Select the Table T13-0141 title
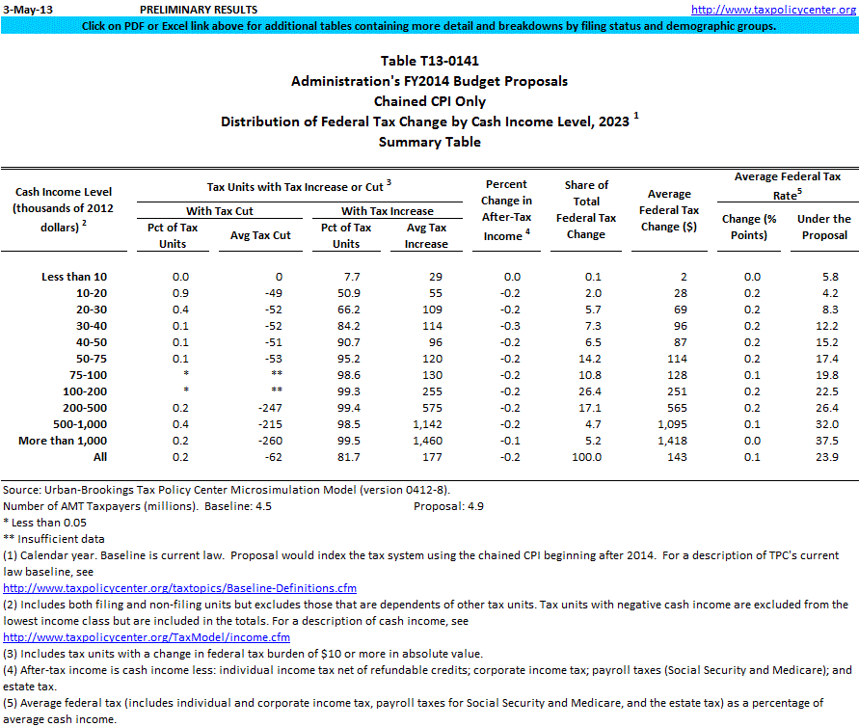point(429,61)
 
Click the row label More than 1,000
point(63,441)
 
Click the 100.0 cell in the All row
point(585,457)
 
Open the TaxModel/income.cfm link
point(147,637)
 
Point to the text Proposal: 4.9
point(450,506)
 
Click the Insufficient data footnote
point(54,539)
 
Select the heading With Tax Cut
point(219,211)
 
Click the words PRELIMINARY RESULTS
point(199,9)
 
